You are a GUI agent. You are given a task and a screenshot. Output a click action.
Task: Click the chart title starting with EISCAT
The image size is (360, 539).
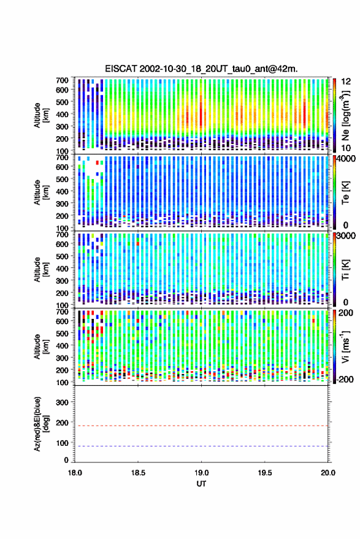[x=202, y=69]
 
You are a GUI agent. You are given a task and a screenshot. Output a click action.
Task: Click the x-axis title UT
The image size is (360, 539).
[x=202, y=484]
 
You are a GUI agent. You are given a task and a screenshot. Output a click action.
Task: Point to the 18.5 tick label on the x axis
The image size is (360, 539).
[x=138, y=473]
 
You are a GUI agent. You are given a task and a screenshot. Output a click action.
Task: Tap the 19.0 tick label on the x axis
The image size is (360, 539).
[x=202, y=473]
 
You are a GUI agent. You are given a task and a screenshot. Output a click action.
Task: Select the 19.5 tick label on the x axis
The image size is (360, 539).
[x=265, y=473]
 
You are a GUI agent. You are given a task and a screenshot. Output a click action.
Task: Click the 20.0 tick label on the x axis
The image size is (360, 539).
[x=328, y=473]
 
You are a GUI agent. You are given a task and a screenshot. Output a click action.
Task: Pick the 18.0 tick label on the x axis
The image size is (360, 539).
[x=75, y=473]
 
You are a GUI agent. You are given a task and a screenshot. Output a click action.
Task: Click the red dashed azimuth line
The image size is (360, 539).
[x=202, y=426]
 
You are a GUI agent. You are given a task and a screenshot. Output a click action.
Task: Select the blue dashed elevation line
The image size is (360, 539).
[x=202, y=446]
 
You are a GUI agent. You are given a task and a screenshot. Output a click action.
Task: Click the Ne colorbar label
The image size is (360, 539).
[x=345, y=115]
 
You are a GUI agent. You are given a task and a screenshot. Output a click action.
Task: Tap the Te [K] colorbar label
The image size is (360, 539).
[x=345, y=193]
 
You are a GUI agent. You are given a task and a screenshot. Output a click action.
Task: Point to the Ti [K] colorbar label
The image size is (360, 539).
[x=345, y=270]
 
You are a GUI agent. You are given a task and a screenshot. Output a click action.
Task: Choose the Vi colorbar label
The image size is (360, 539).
[x=345, y=346]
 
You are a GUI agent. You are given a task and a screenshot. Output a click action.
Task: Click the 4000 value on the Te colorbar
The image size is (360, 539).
[x=347, y=159]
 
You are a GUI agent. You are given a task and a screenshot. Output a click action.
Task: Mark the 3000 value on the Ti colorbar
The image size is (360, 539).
[x=347, y=236]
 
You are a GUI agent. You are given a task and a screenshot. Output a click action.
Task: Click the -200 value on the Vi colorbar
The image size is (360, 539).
[x=345, y=380]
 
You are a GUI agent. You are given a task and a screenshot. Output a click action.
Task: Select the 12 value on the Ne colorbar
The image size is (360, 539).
[x=346, y=82]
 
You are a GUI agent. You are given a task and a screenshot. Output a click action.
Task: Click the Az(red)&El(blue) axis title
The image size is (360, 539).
[x=40, y=424]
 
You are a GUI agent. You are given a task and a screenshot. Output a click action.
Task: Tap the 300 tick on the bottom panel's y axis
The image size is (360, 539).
[x=62, y=402]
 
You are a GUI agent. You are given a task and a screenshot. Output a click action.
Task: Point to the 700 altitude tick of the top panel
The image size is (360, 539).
[x=62, y=80]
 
